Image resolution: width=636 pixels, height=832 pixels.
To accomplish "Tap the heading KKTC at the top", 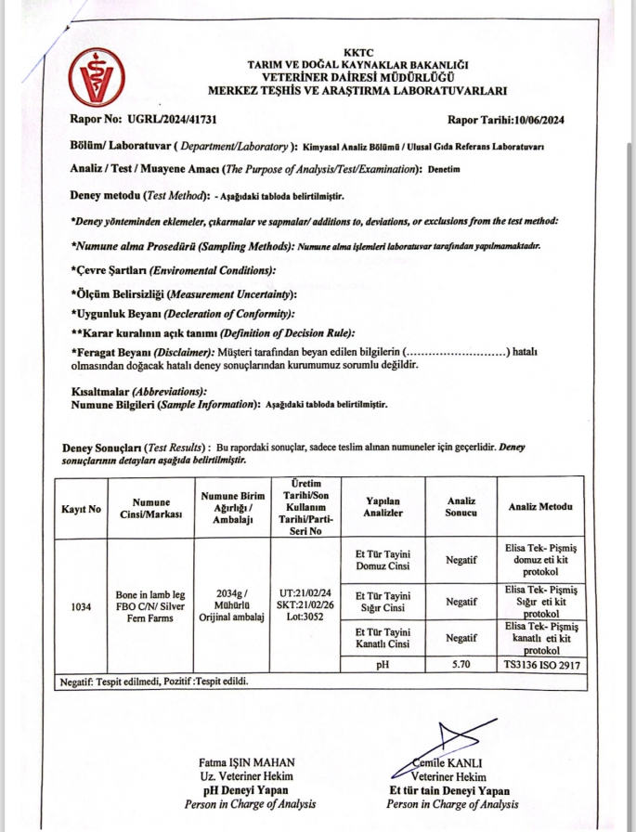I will pyautogui.click(x=357, y=52).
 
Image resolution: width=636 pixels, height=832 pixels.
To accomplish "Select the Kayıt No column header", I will pyautogui.click(x=81, y=509).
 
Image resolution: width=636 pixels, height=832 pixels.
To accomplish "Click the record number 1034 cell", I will pyautogui.click(x=81, y=607).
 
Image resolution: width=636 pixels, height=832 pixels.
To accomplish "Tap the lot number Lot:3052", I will pyautogui.click(x=305, y=615).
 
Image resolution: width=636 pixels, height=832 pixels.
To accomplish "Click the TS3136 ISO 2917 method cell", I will pyautogui.click(x=539, y=665).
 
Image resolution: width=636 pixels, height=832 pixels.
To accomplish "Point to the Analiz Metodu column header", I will pyautogui.click(x=539, y=507).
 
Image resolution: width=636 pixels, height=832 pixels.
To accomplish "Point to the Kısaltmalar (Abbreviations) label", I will pyautogui.click(x=139, y=393).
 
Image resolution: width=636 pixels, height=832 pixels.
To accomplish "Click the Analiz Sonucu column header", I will pyautogui.click(x=461, y=507).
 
